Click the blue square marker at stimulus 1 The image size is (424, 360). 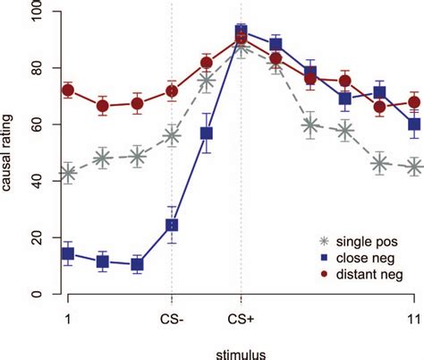[x=68, y=253]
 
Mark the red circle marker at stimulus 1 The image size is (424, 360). [x=68, y=90]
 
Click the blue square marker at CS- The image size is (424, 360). [x=172, y=226]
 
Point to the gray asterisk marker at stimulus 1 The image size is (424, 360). [x=68, y=174]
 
